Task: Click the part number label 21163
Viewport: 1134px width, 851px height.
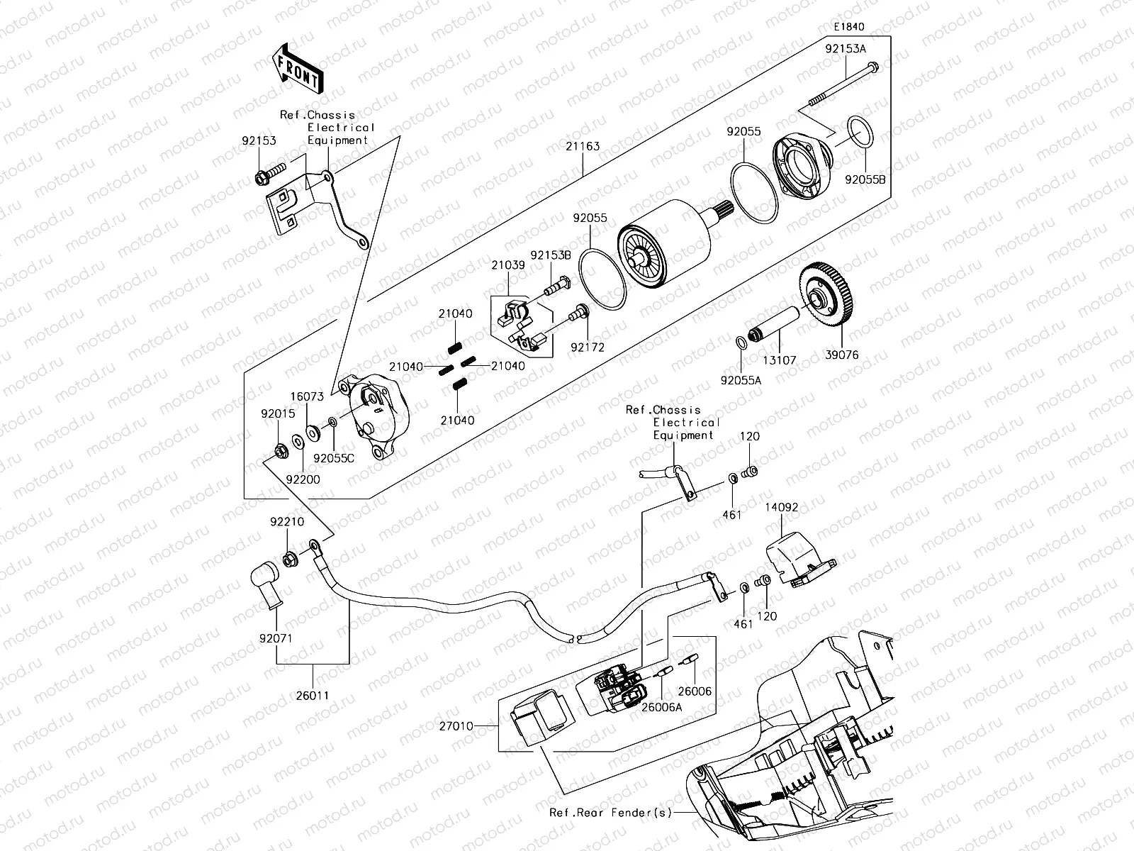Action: click(583, 147)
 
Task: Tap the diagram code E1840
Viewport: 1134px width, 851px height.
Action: click(848, 27)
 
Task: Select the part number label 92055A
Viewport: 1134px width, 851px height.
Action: click(741, 381)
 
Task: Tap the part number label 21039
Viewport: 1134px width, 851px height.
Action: click(508, 265)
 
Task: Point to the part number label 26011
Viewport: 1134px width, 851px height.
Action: click(313, 696)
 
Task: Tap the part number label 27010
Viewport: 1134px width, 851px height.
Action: click(456, 726)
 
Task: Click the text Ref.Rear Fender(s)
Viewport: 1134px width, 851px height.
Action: click(610, 813)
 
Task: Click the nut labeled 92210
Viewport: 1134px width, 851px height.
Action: click(290, 559)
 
